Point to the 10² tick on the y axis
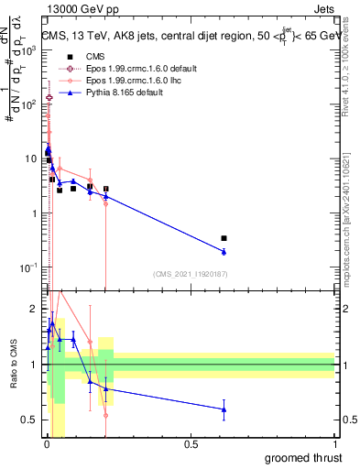33,104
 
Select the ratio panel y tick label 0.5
32,420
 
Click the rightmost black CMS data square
224,238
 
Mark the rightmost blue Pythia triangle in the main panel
224,251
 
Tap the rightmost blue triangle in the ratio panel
224,409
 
